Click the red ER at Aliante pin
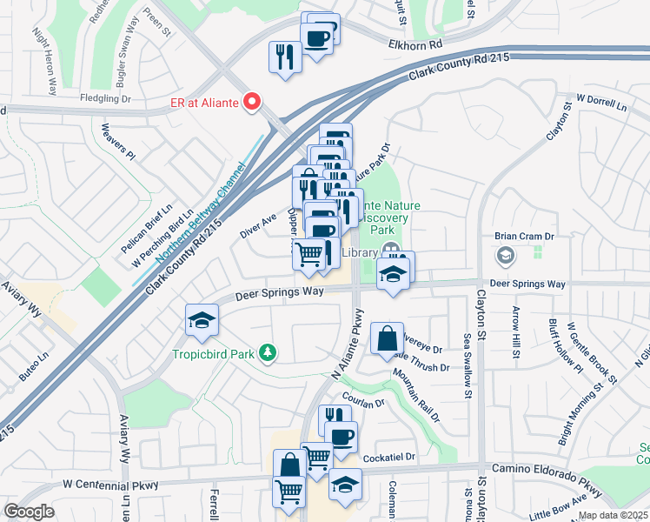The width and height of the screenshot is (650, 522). [253, 103]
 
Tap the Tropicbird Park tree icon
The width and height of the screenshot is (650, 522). [269, 351]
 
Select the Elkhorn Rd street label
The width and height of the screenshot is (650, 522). [417, 42]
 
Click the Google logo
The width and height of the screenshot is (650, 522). [29, 511]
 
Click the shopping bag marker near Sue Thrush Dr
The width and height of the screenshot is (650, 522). [386, 339]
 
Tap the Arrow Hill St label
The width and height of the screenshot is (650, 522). [516, 331]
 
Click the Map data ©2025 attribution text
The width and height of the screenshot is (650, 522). [613, 515]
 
